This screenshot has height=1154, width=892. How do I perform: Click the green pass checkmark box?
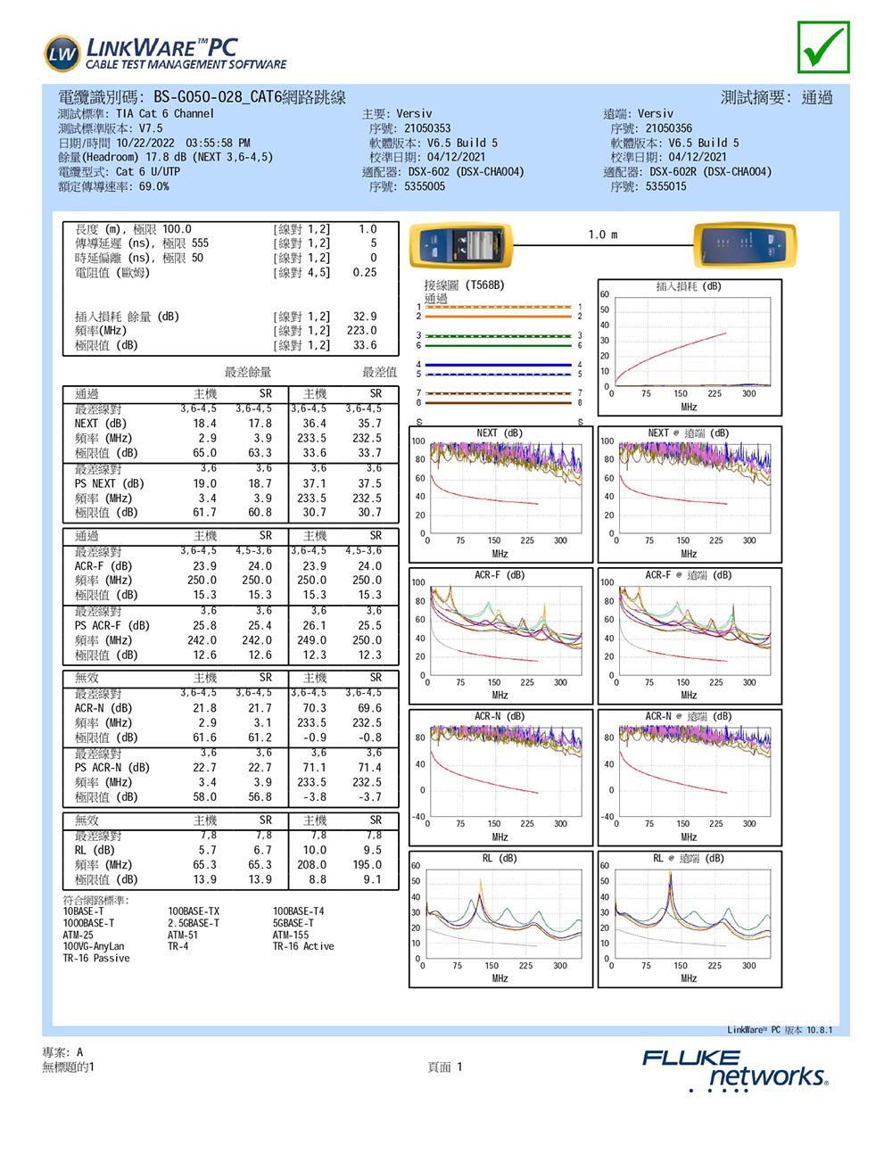point(823,47)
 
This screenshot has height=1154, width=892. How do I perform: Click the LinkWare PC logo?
point(166,54)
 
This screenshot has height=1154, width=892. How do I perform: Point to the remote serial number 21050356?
point(669,128)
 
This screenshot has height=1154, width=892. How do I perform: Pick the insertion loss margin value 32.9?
point(365,317)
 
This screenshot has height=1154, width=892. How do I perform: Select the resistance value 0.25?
point(365,273)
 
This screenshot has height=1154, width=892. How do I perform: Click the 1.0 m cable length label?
point(603,235)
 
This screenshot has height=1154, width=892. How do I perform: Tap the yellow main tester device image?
point(460,245)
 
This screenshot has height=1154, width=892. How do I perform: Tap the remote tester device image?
point(743,245)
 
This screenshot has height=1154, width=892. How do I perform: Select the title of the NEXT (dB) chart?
point(500,433)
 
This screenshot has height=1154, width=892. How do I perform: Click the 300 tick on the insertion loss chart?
point(749,393)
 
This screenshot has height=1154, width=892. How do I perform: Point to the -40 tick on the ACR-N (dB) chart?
point(417,817)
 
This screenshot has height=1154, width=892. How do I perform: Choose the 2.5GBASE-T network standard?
point(194,924)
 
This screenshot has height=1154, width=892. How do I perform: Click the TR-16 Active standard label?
point(303,947)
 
